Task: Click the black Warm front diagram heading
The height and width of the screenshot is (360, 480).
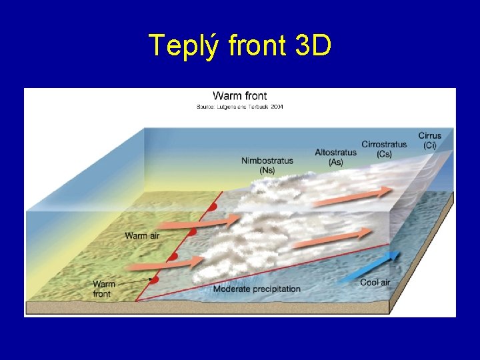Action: click(239, 96)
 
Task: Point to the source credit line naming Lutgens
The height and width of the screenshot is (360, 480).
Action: click(239, 107)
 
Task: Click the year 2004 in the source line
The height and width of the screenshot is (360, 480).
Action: click(276, 107)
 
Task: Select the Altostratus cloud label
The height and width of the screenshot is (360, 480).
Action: click(335, 153)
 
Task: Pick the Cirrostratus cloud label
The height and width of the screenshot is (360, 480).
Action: click(384, 144)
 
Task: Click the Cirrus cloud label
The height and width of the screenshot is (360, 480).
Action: click(430, 136)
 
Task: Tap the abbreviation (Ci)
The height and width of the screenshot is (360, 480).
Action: click(430, 145)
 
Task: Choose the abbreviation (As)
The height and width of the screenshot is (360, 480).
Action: click(335, 162)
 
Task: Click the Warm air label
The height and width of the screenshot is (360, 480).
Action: click(145, 235)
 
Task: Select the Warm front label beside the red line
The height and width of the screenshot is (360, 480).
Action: click(104, 289)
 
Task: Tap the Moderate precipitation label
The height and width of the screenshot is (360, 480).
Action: click(257, 289)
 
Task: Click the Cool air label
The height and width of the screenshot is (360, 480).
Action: click(375, 283)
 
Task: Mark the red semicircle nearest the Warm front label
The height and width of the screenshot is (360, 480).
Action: click(155, 279)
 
